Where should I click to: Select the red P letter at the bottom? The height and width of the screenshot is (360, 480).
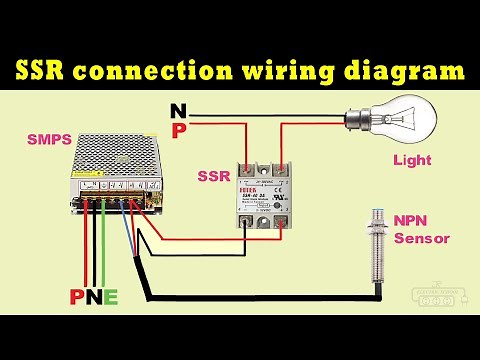pyautogui.click(x=76, y=297)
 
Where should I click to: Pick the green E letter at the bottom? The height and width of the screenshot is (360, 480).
pyautogui.click(x=111, y=297)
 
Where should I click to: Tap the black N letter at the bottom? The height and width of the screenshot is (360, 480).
pyautogui.click(x=93, y=297)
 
